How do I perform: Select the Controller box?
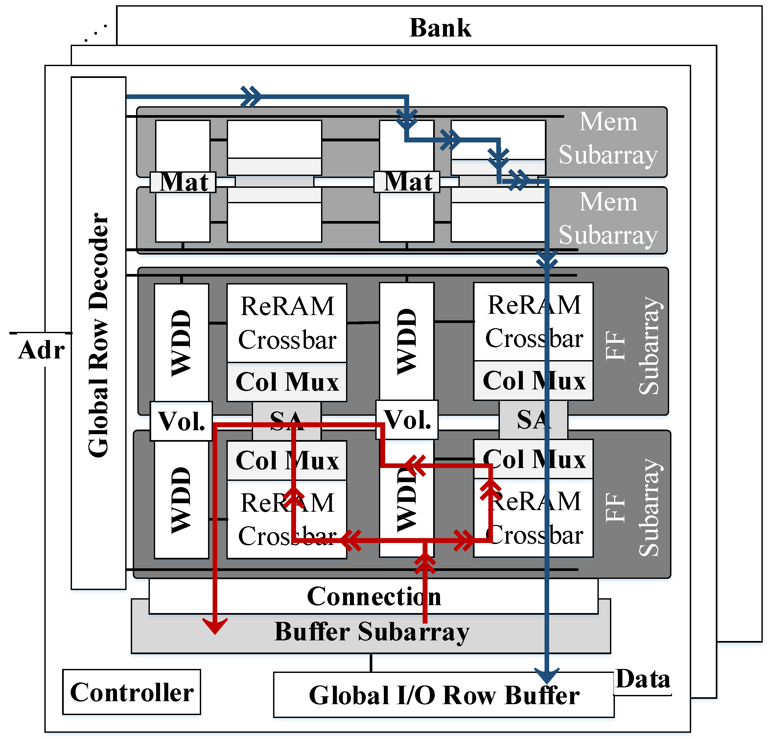coord(131,692)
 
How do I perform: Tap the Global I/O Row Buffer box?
coord(443,695)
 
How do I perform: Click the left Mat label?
coord(183,182)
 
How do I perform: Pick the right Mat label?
coord(407,182)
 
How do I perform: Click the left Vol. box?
coord(181,421)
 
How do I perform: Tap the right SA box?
coord(533,419)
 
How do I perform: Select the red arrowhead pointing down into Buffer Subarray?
coord(215,626)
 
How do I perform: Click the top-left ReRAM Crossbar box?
coord(287,323)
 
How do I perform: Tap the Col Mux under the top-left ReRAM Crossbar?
coord(287,382)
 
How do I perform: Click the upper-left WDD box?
coord(181,342)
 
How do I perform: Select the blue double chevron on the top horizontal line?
coord(251,96)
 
